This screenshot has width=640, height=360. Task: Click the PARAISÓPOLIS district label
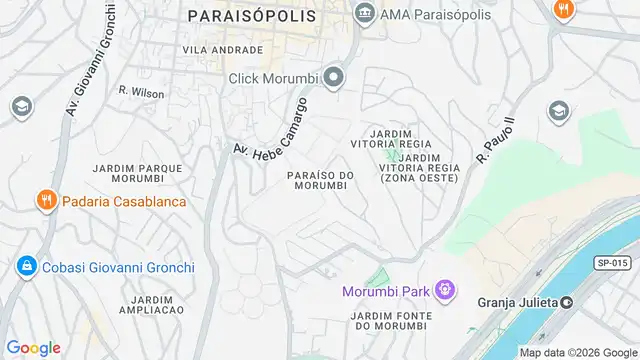tap(251, 16)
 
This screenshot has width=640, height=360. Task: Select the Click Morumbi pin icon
tap(334, 77)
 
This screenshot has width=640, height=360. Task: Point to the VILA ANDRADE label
tap(222, 49)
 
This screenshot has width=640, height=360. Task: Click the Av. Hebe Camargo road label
tap(270, 126)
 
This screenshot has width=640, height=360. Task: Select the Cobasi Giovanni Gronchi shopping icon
tap(25, 267)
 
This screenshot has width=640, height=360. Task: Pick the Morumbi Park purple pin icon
tap(445, 291)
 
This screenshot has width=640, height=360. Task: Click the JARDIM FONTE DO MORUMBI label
tap(390, 321)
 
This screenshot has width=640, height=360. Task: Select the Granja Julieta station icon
tap(567, 302)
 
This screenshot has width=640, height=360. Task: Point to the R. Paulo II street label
tap(496, 139)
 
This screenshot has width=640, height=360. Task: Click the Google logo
tap(33, 348)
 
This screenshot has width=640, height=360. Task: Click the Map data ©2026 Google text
tap(578, 352)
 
